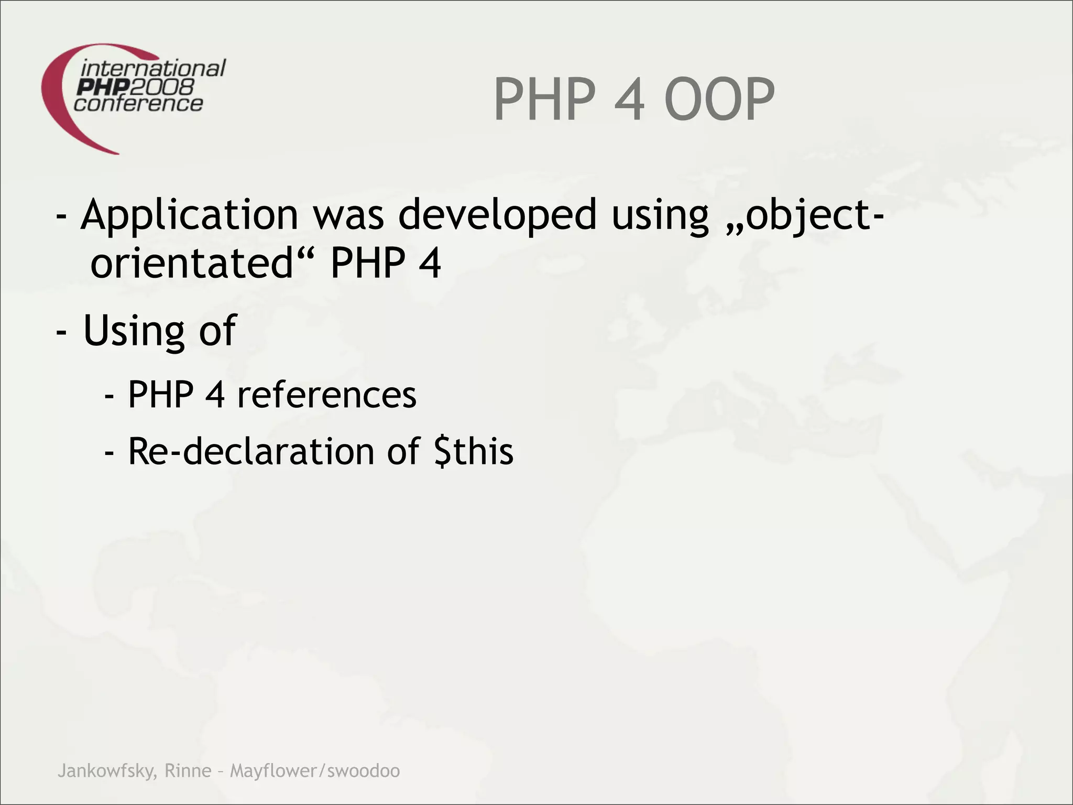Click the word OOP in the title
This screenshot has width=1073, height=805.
pos(719,100)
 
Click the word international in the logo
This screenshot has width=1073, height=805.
pos(153,69)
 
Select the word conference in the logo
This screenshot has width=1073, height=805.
pos(138,103)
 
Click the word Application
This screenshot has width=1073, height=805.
pos(189,215)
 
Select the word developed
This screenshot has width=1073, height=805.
pos(497,215)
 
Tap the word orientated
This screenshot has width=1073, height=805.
pos(192,263)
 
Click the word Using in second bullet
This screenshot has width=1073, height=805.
pos(134,331)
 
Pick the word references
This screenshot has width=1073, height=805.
pos(326,395)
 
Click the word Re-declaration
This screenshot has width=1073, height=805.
pos(251,452)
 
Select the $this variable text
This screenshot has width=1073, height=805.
pos(474,452)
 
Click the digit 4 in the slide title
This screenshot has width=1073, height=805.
pos(629,100)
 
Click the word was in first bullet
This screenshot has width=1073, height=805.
pos(348,215)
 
